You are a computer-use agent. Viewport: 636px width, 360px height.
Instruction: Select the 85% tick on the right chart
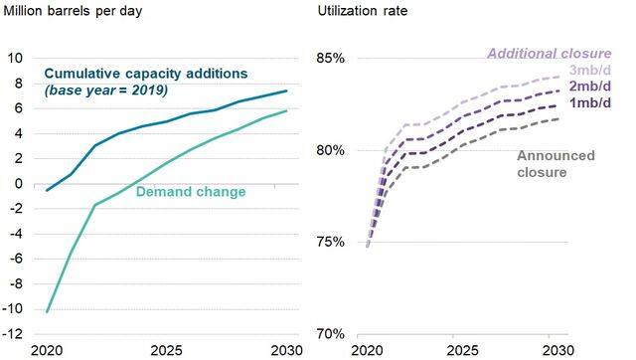click(330, 59)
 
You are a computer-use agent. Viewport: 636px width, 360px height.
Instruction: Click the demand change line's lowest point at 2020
click(47, 312)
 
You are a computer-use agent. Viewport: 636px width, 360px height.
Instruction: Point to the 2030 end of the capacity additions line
click(288, 90)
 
